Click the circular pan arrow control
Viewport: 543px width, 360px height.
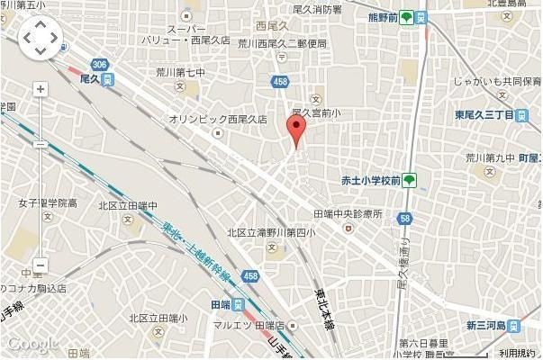point(40,39)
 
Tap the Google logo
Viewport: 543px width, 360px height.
point(29,344)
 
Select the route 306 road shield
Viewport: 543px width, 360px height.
point(99,63)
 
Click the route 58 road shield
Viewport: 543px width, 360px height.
point(407,218)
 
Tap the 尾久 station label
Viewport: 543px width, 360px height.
point(93,79)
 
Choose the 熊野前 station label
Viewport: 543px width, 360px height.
point(389,17)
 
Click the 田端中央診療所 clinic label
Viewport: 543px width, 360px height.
point(348,213)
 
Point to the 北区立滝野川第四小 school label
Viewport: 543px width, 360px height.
point(270,233)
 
